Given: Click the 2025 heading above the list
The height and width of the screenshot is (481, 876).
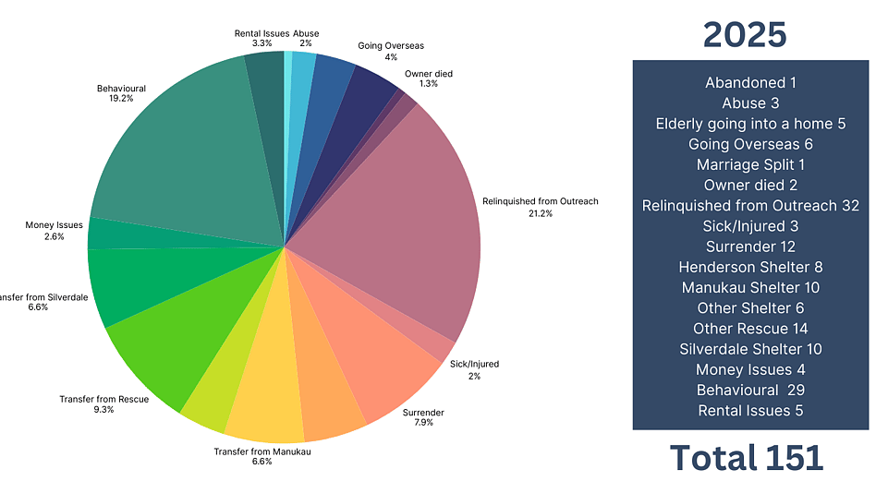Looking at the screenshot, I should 744,34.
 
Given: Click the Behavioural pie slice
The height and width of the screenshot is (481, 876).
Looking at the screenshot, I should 185,157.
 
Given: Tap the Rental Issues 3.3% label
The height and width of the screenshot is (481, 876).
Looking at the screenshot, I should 262,38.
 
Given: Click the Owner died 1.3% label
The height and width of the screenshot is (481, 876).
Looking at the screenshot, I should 428,78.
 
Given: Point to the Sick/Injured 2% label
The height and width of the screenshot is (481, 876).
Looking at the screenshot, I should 473,369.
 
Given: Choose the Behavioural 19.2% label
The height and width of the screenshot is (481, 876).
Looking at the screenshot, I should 121,94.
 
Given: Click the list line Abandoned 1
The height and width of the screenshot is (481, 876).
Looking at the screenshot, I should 750,82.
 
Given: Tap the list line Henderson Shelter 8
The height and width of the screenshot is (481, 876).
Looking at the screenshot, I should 750,267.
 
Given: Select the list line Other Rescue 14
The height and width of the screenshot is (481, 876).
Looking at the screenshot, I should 750,329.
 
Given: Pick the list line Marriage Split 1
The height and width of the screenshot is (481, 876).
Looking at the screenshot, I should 750,164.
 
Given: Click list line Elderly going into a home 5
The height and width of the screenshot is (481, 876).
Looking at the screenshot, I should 750,123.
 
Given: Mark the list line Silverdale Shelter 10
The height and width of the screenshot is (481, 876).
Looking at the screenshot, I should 750,349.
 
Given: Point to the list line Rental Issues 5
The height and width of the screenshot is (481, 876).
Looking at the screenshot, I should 750,411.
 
